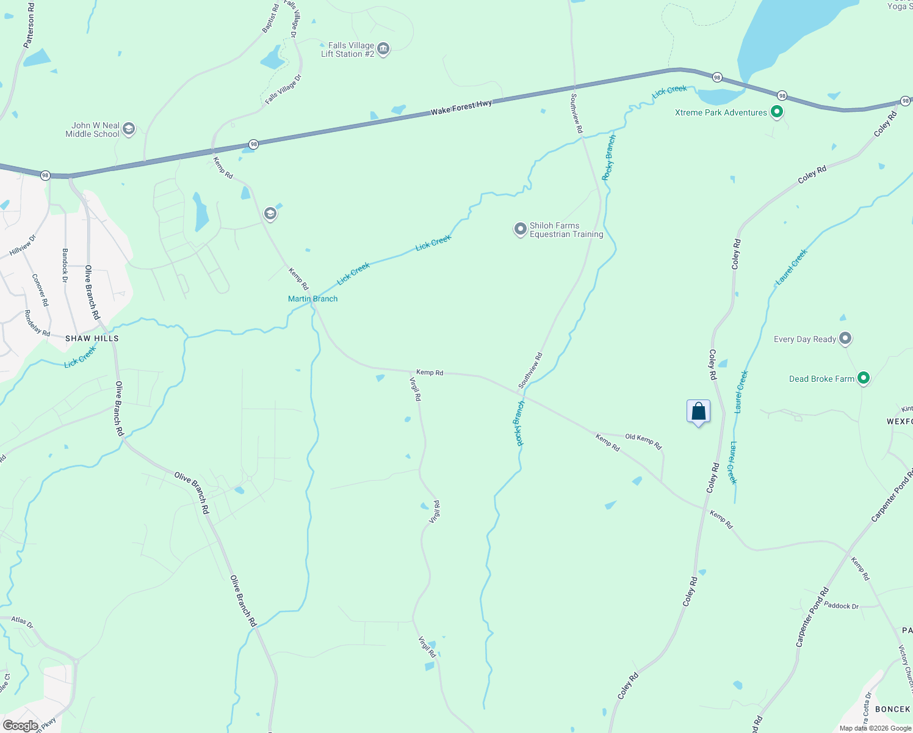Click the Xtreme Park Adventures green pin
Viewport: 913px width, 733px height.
tap(776, 112)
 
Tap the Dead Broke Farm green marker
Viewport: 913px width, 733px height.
tap(863, 379)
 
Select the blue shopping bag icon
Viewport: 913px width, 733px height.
tap(698, 411)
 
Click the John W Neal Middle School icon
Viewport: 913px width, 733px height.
tap(128, 129)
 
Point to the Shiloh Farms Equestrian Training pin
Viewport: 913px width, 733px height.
tap(520, 229)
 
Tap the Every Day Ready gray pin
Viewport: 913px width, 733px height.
tap(845, 338)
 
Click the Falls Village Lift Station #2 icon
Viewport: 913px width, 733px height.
tap(383, 49)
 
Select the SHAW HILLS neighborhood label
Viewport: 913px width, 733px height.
tap(92, 338)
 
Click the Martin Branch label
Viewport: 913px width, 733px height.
tap(312, 299)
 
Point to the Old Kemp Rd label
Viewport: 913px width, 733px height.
tap(643, 441)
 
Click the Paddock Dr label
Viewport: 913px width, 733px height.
tap(841, 605)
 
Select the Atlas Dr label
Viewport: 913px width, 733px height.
tap(22, 622)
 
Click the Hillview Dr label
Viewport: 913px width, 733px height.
tap(23, 245)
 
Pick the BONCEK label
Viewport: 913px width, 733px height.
tap(892, 709)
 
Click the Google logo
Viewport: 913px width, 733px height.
tap(21, 726)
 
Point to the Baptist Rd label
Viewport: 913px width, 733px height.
tap(270, 18)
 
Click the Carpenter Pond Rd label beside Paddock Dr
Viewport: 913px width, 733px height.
tap(812, 618)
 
